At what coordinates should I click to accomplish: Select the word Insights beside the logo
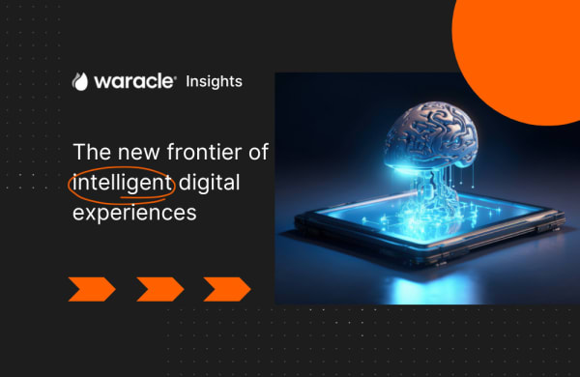pos(214,81)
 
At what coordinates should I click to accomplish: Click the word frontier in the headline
pos(212,153)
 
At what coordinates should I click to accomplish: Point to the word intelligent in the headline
pos(121,183)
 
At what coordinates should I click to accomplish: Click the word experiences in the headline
pos(134,213)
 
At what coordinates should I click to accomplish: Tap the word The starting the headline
pos(92,153)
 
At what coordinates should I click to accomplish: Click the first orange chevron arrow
pos(92,288)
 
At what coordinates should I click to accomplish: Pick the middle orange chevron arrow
pos(159,288)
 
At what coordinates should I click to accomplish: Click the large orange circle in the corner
pos(522,48)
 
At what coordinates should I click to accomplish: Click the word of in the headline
pos(258,153)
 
